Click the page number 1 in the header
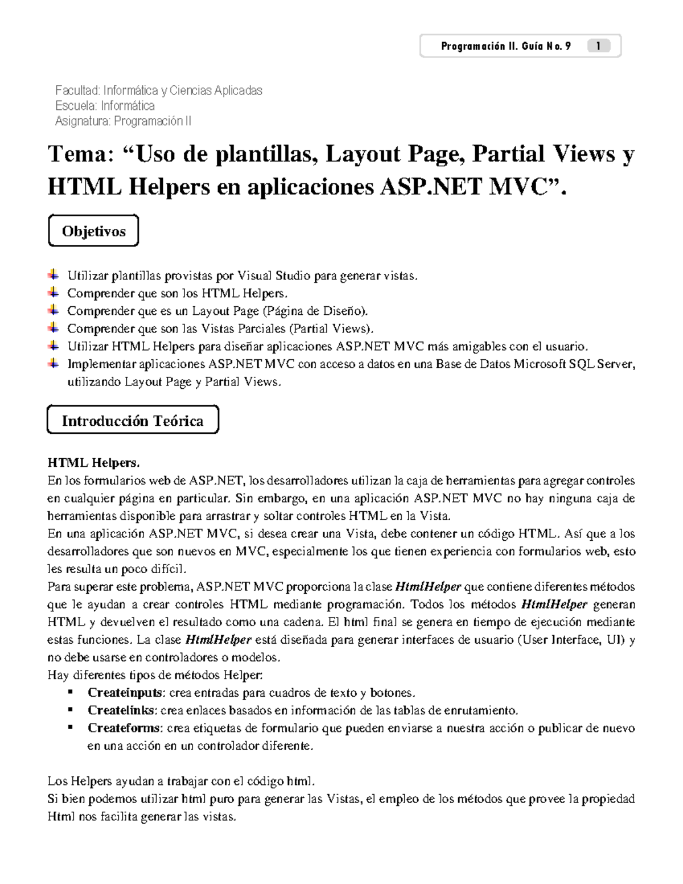[x=598, y=46]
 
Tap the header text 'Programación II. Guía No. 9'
[x=505, y=46]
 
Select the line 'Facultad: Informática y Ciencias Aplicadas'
[x=158, y=91]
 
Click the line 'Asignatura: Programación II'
[x=123, y=121]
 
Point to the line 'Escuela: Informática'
[x=105, y=106]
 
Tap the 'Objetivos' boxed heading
[x=93, y=231]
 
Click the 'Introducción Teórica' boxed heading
[x=133, y=421]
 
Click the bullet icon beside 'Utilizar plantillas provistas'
[x=53, y=275]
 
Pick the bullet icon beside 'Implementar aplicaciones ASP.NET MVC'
[x=53, y=363]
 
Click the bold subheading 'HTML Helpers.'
[x=93, y=463]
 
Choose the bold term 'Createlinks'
[x=122, y=710]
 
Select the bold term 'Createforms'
[x=125, y=728]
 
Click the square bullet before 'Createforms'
[x=71, y=727]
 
